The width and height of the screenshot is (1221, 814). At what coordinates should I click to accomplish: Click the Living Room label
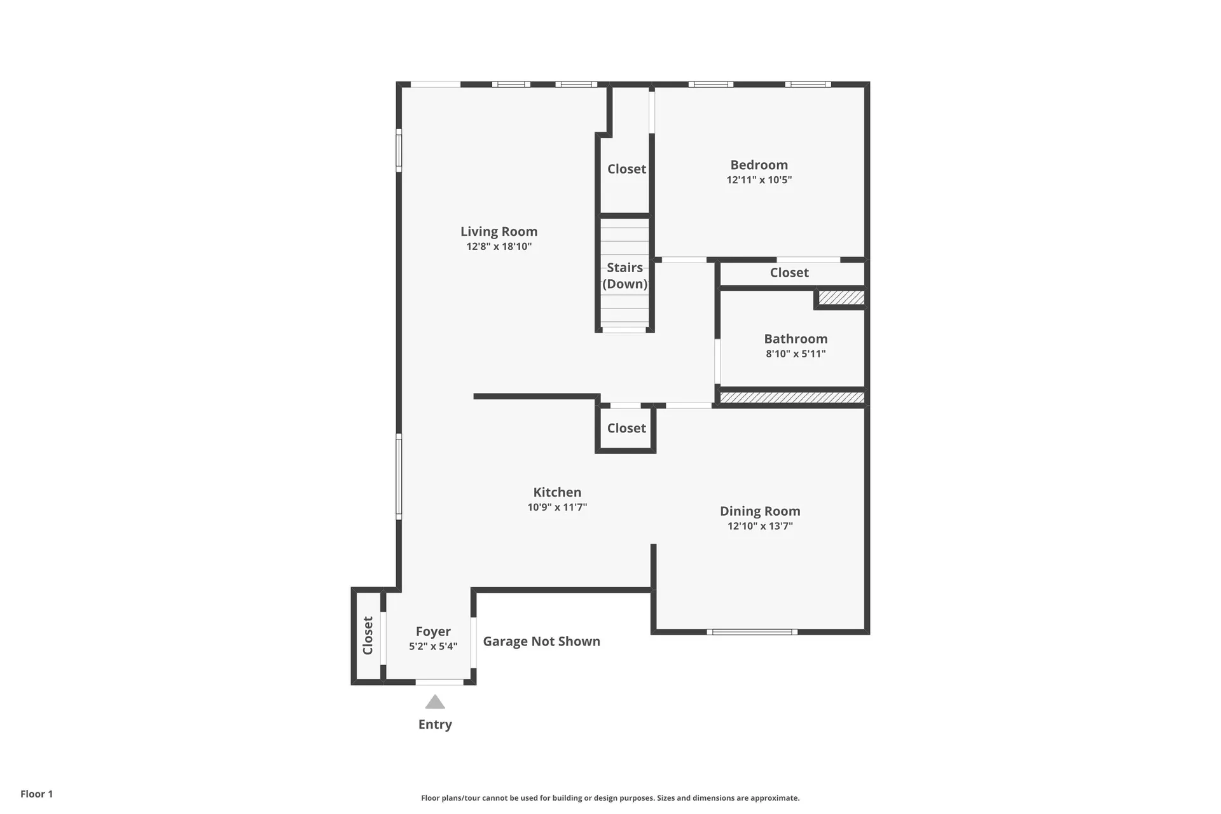(x=499, y=231)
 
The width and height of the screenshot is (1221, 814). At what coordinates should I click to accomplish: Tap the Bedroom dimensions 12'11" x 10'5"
(x=759, y=180)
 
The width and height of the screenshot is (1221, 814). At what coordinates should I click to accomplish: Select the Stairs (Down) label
(x=624, y=275)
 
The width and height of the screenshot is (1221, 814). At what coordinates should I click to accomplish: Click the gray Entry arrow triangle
(x=435, y=703)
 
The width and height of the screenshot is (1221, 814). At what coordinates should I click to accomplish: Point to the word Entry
(x=435, y=724)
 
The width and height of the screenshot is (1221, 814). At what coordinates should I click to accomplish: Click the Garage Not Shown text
(x=541, y=641)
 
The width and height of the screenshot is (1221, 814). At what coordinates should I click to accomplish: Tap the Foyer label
(x=433, y=631)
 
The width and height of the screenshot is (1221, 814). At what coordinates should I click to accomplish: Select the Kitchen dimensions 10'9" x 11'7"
(x=556, y=507)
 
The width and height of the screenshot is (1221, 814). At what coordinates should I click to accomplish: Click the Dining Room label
(x=759, y=511)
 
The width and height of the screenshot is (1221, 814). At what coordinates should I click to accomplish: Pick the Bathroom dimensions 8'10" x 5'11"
(x=796, y=354)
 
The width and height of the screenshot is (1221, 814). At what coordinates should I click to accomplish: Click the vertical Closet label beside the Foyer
(x=368, y=635)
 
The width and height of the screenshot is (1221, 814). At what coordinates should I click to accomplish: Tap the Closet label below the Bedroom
(x=789, y=273)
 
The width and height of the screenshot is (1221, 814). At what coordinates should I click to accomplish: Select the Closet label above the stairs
(x=626, y=169)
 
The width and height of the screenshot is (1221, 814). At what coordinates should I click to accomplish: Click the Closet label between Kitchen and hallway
(x=626, y=429)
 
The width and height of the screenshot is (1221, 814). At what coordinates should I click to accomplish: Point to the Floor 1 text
(x=37, y=794)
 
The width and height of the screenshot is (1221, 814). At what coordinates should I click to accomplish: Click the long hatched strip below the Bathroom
(x=792, y=397)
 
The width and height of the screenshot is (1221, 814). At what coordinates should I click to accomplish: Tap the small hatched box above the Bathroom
(x=841, y=298)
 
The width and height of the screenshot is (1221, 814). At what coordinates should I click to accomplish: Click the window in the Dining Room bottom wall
(x=752, y=632)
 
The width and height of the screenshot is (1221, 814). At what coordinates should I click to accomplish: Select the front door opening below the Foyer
(x=439, y=682)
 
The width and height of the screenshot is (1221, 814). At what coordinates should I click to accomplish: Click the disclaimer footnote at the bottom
(x=610, y=798)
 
